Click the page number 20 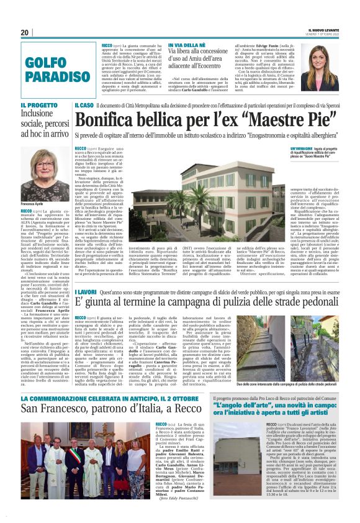[x=25, y=32]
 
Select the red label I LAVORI [x=86, y=291]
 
